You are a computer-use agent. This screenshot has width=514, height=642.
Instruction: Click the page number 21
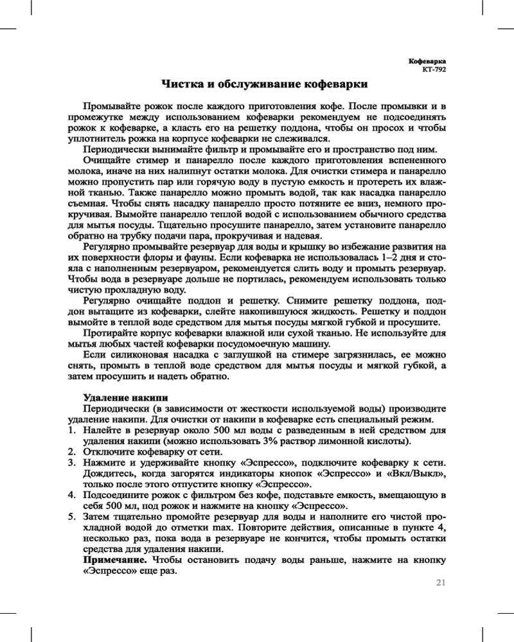440,583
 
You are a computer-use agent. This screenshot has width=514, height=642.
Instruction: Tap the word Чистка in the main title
179,84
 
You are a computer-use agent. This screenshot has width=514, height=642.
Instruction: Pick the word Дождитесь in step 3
109,473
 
